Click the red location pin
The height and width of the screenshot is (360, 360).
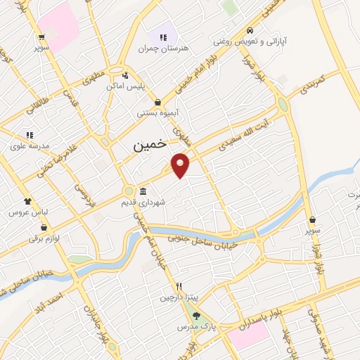click(x=181, y=165)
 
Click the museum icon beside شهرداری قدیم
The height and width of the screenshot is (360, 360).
click(x=143, y=192)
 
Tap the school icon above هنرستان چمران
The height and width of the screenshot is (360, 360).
click(x=164, y=37)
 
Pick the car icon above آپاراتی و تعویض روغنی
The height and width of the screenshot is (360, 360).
click(x=251, y=31)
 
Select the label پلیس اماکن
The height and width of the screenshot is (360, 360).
click(x=124, y=85)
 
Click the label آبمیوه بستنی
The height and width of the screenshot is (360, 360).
click(x=157, y=112)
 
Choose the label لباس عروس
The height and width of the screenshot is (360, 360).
click(x=27, y=211)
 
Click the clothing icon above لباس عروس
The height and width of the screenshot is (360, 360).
click(x=27, y=200)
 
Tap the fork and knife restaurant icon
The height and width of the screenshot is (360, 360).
click(x=179, y=286)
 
